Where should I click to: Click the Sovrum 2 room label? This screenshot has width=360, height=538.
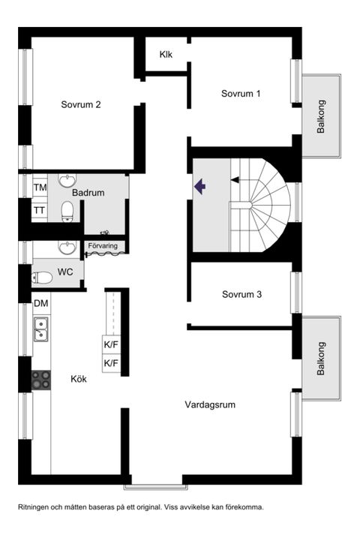pos(81,105)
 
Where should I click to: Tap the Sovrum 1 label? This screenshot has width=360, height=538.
pos(241,94)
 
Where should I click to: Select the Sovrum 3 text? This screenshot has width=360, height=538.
pos(241,295)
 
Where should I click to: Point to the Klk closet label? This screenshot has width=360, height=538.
pos(166,55)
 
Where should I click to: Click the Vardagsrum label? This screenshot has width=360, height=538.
pos(211,404)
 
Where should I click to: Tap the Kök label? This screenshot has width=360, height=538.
pos(79,379)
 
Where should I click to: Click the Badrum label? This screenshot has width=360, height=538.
pos(88,193)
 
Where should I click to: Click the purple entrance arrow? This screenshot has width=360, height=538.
pos(200,187)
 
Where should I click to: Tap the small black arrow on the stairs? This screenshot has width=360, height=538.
pos(235,180)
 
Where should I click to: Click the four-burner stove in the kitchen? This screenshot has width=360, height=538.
pos(40,380)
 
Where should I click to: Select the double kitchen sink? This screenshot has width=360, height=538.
pos(40,328)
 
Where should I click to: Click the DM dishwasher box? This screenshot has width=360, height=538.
pos(40,303)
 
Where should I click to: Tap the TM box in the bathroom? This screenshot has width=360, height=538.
pos(39,187)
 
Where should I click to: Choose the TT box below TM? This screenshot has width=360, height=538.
pos(39,211)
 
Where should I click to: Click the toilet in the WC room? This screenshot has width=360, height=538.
pos(42,278)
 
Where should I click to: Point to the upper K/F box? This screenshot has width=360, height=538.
pos(111,345)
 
